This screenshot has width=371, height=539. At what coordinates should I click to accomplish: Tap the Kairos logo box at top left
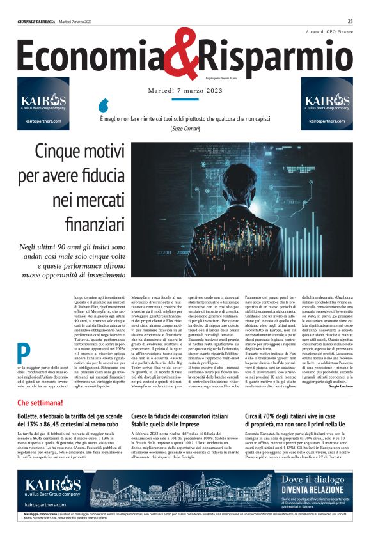[x=43, y=104]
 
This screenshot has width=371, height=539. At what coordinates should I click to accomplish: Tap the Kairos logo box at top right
[x=327, y=104]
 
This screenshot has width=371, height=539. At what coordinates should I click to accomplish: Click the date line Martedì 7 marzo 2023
[x=185, y=91]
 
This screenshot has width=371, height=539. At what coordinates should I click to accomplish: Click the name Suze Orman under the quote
[x=185, y=129]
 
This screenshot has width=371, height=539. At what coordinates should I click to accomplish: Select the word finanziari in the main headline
[x=95, y=223]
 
